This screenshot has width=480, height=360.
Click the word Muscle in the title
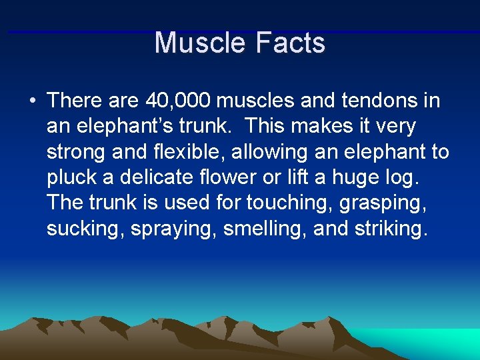tap(197, 43)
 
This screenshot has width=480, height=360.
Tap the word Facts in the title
tap(289, 43)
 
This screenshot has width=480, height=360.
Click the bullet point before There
tap(32, 101)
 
